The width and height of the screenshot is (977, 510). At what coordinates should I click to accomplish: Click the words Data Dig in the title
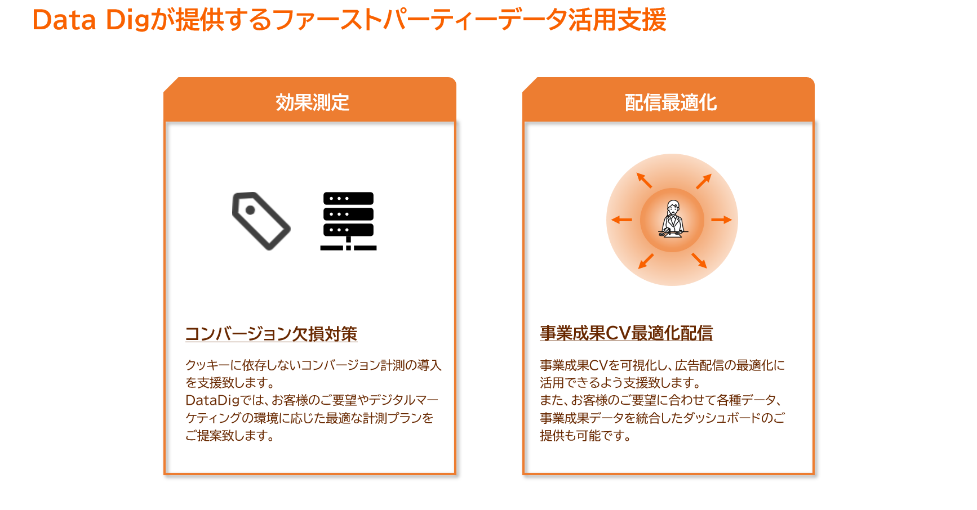tap(90, 20)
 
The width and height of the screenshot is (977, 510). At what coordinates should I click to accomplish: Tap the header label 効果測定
tap(312, 102)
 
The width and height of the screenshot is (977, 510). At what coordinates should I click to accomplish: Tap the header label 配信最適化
tap(670, 102)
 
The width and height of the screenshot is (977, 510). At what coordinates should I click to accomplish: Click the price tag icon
tap(261, 221)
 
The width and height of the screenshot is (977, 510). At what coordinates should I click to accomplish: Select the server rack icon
tap(348, 221)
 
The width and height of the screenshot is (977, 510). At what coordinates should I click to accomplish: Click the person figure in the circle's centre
tap(672, 219)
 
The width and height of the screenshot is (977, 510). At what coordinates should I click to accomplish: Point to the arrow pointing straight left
tap(622, 220)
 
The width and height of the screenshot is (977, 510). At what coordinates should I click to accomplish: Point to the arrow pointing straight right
tap(721, 220)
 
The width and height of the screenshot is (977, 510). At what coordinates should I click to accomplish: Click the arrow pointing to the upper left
tap(644, 180)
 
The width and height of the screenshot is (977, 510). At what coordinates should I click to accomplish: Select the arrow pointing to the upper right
tap(703, 181)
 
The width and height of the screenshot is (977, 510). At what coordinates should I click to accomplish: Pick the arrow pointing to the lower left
tap(646, 261)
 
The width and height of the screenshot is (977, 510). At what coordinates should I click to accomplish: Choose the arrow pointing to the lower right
tap(699, 260)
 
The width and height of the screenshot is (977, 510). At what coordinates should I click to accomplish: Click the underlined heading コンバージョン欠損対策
tap(271, 334)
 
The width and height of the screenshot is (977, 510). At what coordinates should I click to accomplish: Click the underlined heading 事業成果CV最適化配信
tap(626, 333)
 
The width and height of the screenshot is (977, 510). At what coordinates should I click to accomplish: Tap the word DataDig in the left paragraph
tap(212, 400)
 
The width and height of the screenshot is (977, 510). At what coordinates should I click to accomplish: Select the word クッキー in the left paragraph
tap(202, 365)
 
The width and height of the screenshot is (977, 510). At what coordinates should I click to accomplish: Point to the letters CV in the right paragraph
tap(598, 365)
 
